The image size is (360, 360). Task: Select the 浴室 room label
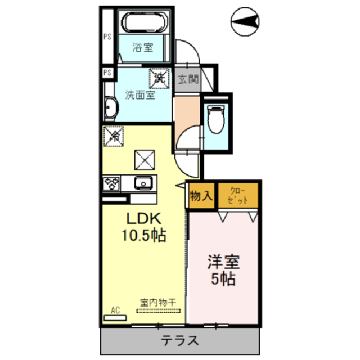[x=143, y=48]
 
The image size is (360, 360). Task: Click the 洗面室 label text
[x=140, y=95]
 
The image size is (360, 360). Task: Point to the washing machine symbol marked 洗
[x=159, y=78]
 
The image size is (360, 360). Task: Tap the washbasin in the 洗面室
[x=110, y=107]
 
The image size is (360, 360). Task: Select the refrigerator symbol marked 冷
[x=114, y=135]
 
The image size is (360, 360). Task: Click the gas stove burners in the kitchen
[x=110, y=183]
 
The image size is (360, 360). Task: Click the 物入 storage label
[x=201, y=196]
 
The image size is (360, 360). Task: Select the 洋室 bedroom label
[x=224, y=262]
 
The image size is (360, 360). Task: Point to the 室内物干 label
[x=158, y=302]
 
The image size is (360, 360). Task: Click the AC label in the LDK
[x=116, y=309]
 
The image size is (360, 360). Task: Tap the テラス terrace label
[x=180, y=340]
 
